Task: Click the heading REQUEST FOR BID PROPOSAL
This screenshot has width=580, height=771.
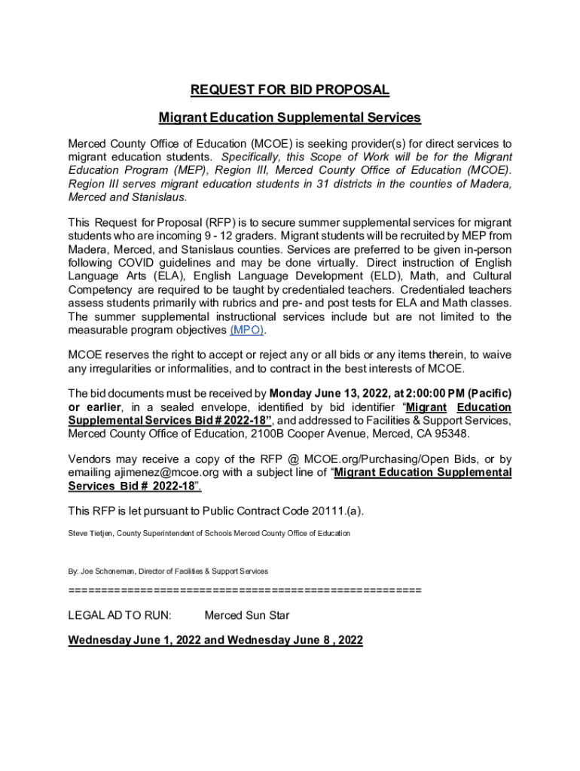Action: [x=290, y=90]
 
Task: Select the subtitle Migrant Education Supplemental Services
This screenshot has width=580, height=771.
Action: [x=290, y=118]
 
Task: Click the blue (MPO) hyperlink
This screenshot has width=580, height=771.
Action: [x=248, y=331]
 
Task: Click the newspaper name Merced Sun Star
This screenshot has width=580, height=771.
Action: [x=247, y=616]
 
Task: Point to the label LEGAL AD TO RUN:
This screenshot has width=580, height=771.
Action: [x=120, y=616]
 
